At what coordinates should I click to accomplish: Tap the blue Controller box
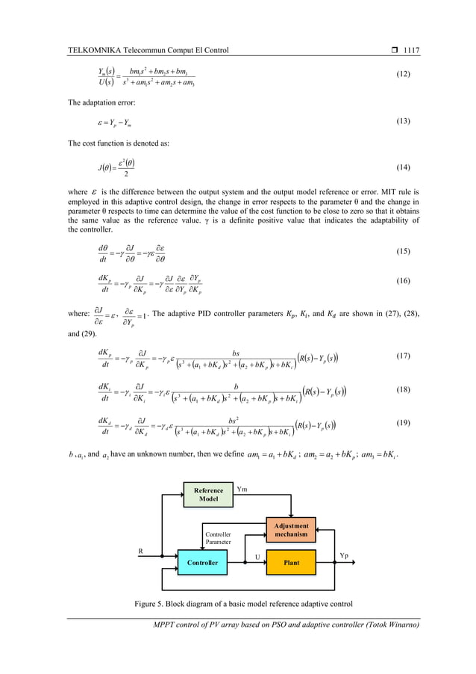(203, 562)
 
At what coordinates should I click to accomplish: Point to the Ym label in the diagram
(242, 489)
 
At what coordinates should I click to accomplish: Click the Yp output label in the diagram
(344, 556)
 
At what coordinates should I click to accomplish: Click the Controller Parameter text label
(219, 539)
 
